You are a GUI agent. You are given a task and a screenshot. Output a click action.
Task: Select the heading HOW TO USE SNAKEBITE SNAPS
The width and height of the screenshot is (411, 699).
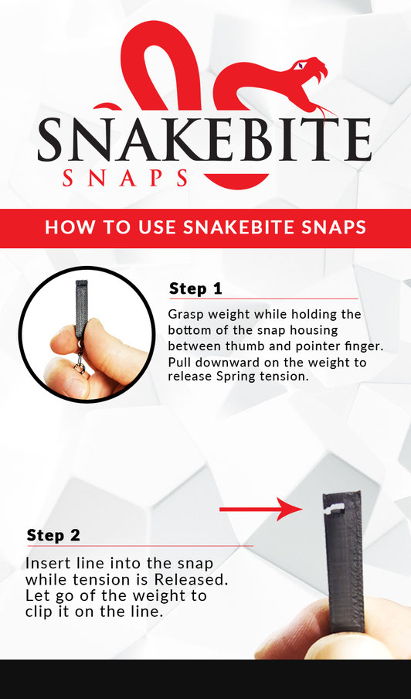click(x=205, y=228)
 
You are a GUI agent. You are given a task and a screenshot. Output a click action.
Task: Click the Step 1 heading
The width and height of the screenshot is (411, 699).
click(x=195, y=288)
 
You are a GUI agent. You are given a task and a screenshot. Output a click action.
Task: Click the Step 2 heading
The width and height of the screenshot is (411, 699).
click(x=53, y=535)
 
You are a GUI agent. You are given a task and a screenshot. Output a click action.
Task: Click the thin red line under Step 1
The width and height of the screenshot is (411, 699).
click(x=263, y=298)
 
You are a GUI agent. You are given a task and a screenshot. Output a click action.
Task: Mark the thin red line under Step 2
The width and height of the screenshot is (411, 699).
click(x=139, y=546)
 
